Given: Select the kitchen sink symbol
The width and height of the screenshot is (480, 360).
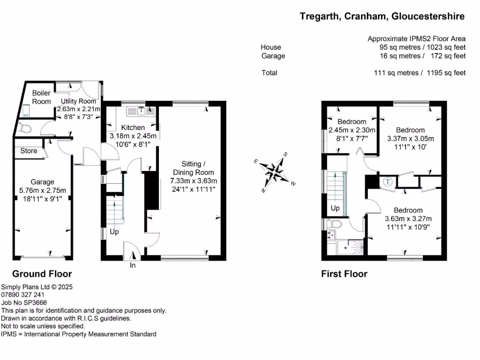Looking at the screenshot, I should [x=141, y=111].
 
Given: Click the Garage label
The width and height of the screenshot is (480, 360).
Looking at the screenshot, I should [x=43, y=182].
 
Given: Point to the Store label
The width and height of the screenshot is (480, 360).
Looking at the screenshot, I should [x=29, y=151].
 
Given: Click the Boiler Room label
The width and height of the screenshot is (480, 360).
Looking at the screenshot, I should [x=41, y=97].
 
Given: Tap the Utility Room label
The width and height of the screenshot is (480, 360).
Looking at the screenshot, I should [x=79, y=101].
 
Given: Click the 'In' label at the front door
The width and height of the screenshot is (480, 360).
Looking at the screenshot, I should [x=133, y=266].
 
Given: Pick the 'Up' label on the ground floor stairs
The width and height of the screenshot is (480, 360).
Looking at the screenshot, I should [x=114, y=232].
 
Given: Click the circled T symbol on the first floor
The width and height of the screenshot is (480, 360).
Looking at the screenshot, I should [x=387, y=182].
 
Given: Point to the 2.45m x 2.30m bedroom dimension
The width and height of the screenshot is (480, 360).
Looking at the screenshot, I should [x=352, y=130].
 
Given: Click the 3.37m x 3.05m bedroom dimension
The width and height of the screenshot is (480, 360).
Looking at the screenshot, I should [x=410, y=138].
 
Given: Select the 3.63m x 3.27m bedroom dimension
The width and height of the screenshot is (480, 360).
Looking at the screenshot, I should [x=408, y=218].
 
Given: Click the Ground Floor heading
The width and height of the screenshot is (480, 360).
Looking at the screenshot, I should [x=42, y=274].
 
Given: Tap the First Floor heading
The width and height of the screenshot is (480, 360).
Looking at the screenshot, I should [x=344, y=274].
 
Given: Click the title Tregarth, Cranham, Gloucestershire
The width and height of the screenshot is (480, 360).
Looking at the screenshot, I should [x=382, y=16].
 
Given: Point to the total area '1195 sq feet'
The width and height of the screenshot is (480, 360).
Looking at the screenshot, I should [x=446, y=73].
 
